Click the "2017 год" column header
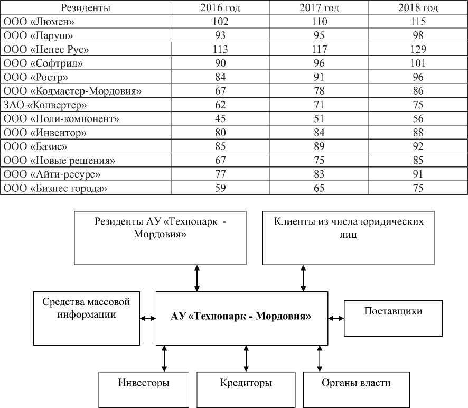[320, 8]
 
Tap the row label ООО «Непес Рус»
[45, 50]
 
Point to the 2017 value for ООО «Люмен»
[320, 22]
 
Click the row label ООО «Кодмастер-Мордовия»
[72, 91]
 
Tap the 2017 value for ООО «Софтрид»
[320, 63]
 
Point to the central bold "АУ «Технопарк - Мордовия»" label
[241, 317]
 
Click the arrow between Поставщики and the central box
[335, 318]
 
